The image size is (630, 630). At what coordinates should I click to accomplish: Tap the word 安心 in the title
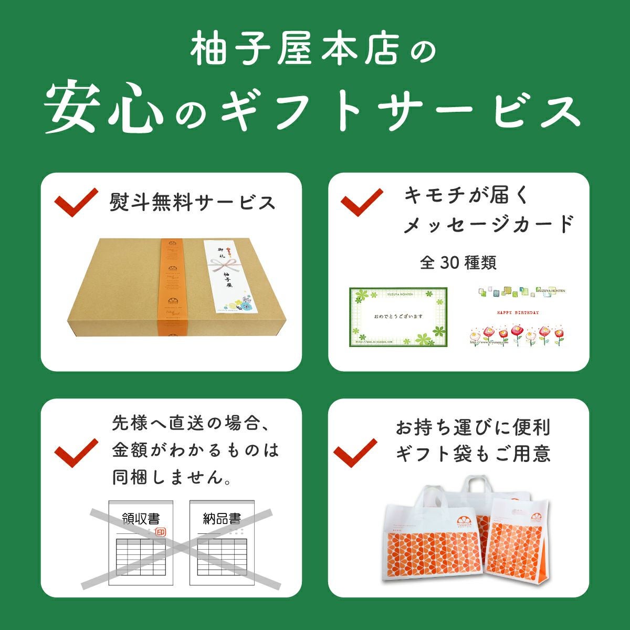pyautogui.click(x=104, y=109)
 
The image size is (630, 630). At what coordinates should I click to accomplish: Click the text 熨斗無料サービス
pyautogui.click(x=192, y=202)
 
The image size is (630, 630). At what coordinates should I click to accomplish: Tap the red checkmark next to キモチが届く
pyautogui.click(x=362, y=202)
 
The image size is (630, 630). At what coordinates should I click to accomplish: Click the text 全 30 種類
pyautogui.click(x=458, y=262)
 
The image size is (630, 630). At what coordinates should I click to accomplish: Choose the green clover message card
pyautogui.click(x=398, y=317)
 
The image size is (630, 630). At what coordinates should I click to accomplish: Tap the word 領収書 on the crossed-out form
pyautogui.click(x=140, y=519)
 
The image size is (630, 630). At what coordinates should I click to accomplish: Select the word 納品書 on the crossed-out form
pyautogui.click(x=222, y=519)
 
